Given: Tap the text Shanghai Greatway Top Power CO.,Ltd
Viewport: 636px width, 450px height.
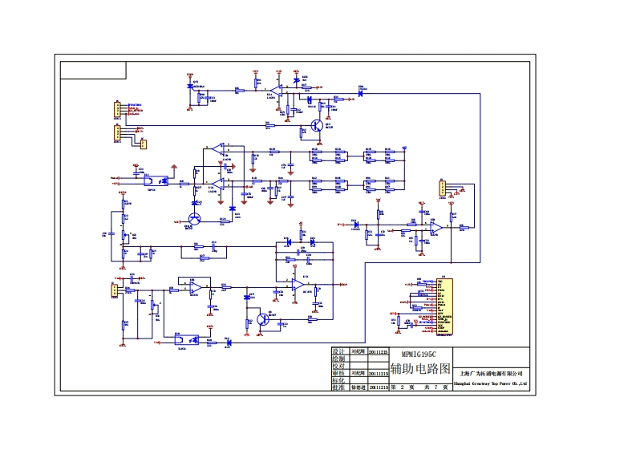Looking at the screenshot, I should point(490,384).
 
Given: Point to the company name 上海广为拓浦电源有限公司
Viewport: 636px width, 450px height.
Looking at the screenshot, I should point(490,373).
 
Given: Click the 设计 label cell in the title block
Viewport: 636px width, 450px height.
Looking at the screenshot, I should point(338,351).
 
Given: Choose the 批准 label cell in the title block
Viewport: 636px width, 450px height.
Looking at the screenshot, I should point(338,387).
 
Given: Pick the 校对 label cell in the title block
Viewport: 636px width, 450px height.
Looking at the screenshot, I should point(338,366).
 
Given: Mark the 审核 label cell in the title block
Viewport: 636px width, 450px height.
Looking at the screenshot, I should point(338,373).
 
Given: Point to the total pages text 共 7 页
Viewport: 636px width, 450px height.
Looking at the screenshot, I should point(434,387).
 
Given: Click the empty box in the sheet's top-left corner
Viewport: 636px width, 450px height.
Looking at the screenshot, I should point(93,70).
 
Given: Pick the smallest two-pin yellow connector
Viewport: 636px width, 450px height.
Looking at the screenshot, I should point(144,144).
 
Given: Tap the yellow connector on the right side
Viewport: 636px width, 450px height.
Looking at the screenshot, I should point(441,189).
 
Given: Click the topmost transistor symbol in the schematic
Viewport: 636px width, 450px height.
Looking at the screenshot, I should point(318,125).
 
